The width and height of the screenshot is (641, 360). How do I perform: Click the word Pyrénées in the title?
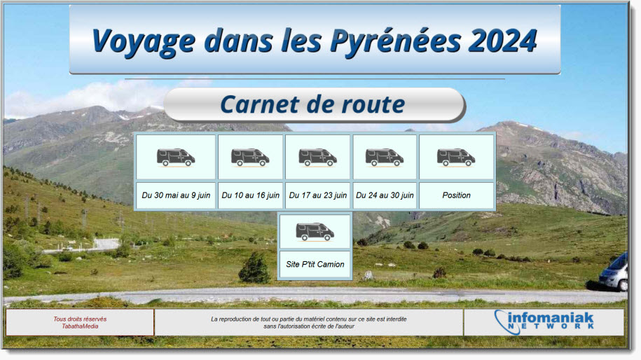395,41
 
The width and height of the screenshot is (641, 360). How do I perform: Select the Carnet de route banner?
315,105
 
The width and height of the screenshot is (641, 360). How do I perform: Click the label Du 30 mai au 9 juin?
176,195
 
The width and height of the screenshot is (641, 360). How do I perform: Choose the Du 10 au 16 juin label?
250,195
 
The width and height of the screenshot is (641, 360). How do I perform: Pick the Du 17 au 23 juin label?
317,195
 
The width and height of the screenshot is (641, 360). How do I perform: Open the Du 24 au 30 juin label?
385,195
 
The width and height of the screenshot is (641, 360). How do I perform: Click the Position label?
456,195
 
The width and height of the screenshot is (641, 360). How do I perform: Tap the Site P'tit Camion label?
315,264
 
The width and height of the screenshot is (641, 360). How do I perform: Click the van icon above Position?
456,158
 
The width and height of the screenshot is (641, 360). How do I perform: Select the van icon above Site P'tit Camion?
315,232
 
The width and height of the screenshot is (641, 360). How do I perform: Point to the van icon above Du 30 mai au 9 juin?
176,158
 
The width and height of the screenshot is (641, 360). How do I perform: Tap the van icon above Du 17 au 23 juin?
317,158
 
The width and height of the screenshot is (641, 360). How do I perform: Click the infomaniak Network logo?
544,321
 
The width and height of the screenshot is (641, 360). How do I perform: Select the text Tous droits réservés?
80,319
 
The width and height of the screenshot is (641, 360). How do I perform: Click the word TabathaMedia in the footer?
80,326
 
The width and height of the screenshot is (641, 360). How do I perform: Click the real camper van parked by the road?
613,273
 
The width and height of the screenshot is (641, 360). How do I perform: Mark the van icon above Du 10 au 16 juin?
250,158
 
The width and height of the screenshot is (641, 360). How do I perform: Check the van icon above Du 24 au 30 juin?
385,158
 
